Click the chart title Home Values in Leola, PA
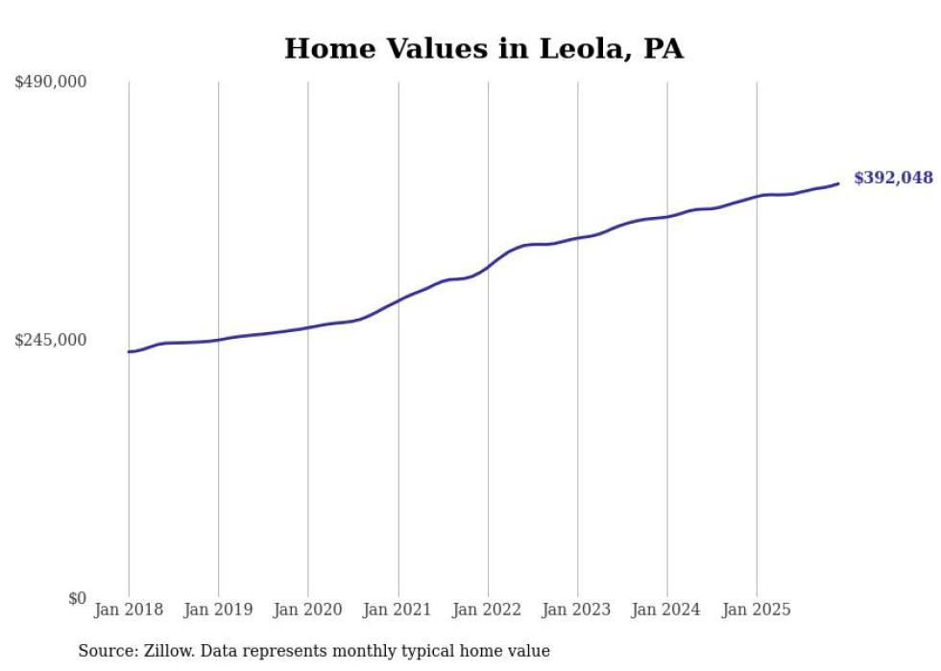tap(483, 49)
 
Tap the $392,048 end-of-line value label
tap(892, 178)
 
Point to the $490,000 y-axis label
tap(51, 83)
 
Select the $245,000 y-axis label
tap(51, 340)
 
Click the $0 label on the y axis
tap(77, 599)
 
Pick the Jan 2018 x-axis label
tap(129, 611)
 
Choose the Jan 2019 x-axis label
tap(218, 611)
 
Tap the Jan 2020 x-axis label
tap(308, 611)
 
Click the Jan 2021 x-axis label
tap(398, 611)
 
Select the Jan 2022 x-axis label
tap(488, 611)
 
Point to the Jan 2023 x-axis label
tap(577, 611)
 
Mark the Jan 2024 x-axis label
tap(667, 611)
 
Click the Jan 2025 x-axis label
tap(757, 611)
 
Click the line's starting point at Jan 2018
tap(129, 351)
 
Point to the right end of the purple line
tap(838, 183)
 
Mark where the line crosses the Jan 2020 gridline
tap(308, 327)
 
